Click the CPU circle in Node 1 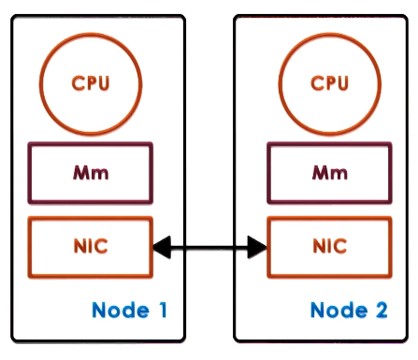point(91,83)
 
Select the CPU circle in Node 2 point(329,83)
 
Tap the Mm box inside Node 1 point(91,173)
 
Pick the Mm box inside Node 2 point(329,173)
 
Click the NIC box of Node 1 point(91,248)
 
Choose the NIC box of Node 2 point(329,248)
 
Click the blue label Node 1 point(129,310)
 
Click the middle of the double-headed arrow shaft point(209,248)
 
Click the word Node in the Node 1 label point(119,310)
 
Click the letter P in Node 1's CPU point(91,83)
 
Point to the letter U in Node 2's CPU point(343,83)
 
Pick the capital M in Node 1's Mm point(84,173)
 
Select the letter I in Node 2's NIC point(329,248)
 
